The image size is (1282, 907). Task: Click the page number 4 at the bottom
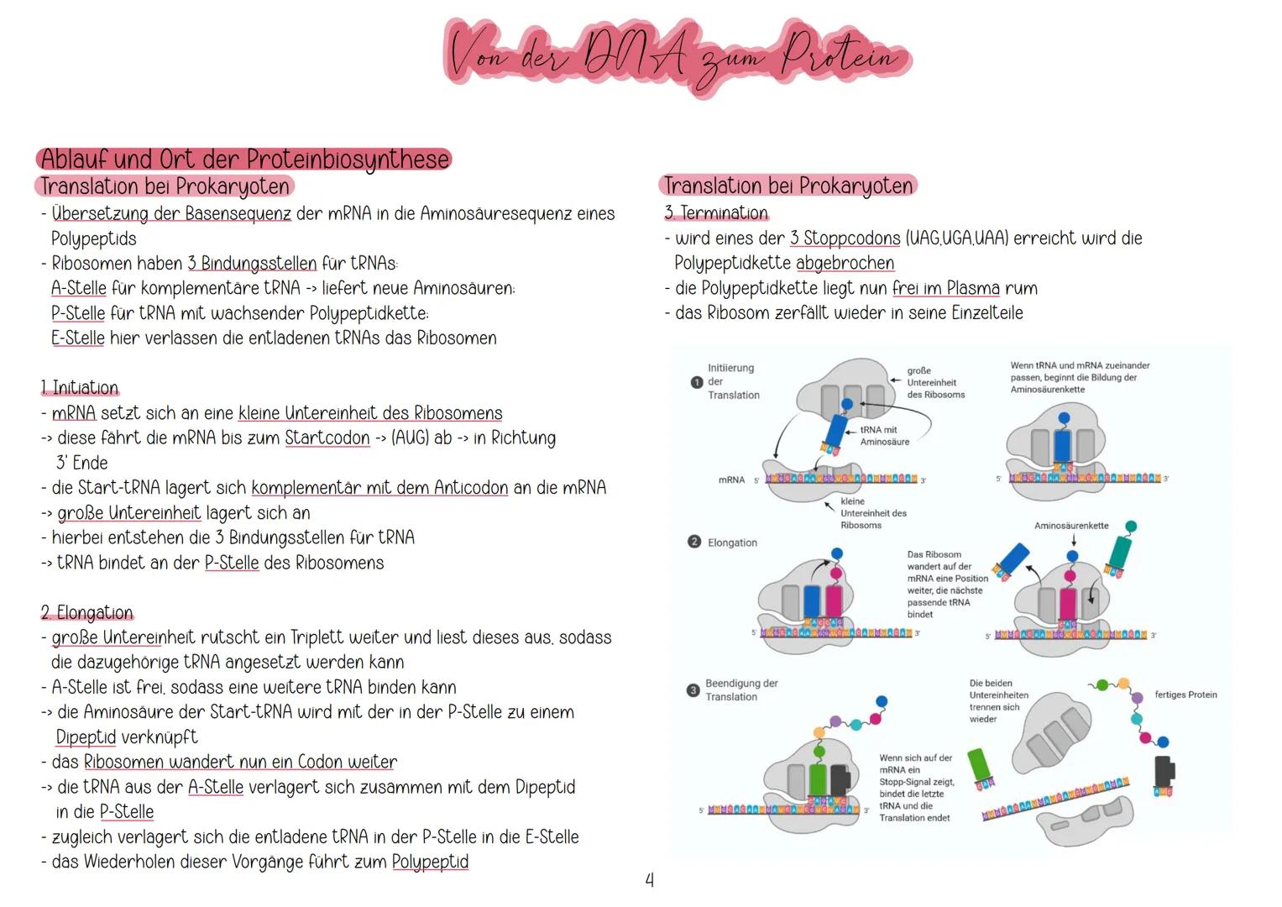649,879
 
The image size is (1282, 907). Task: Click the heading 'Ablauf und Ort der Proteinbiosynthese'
244,159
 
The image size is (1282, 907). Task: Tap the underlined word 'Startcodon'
327,438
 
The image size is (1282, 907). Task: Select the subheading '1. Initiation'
80,388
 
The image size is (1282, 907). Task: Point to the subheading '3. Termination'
716,213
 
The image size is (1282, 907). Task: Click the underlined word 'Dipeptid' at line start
86,737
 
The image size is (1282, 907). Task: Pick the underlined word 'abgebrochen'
845,263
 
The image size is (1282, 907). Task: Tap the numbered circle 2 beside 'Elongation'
694,543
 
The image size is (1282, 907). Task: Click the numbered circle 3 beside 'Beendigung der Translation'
693,690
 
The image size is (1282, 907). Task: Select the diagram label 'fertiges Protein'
1185,695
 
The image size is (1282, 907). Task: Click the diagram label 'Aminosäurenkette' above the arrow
1071,526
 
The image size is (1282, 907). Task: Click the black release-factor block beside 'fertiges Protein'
1164,773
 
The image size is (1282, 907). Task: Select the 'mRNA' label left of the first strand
731,480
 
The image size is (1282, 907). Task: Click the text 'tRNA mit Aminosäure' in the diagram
883,435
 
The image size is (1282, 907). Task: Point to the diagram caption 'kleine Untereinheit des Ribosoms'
872,513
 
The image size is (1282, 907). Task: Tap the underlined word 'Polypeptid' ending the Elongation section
430,862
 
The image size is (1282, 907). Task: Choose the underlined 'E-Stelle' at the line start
78,338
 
